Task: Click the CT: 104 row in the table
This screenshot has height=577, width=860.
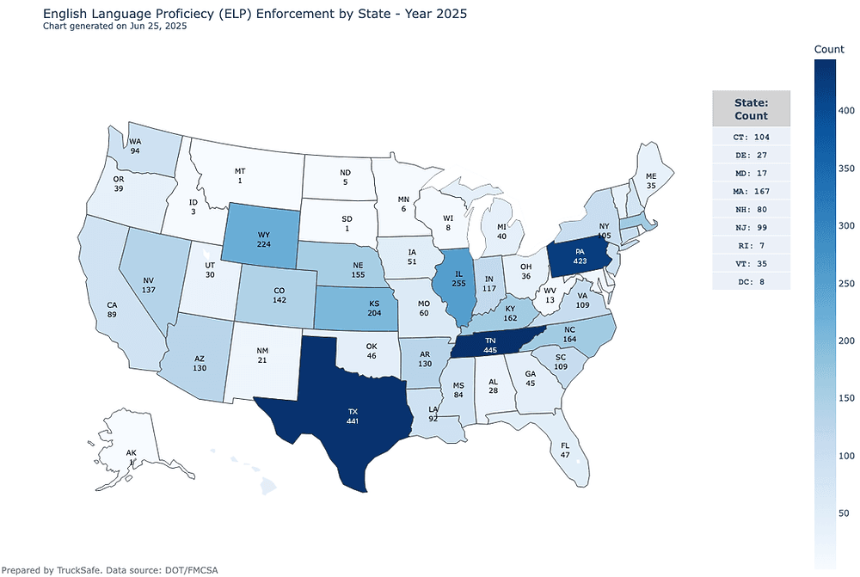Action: [751, 137]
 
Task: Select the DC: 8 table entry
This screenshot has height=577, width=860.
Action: [751, 280]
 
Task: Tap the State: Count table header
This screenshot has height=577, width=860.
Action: [751, 108]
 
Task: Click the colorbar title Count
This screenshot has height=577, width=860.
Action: [829, 51]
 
